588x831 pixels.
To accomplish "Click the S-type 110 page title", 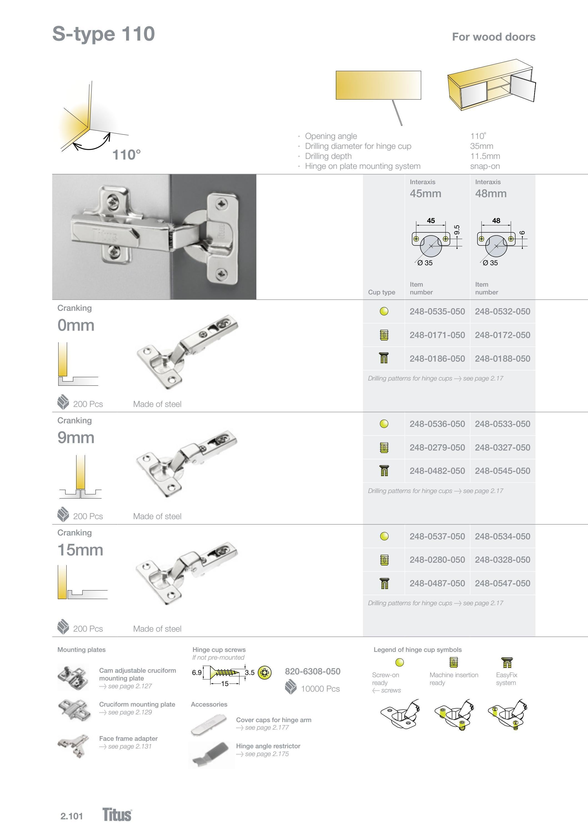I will pyautogui.click(x=104, y=34).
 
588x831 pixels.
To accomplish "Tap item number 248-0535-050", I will pyautogui.click(x=437, y=311).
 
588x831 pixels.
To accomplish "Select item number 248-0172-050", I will pyautogui.click(x=502, y=335).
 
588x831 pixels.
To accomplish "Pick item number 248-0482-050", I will pyautogui.click(x=437, y=471).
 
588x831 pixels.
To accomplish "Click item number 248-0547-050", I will pyautogui.click(x=502, y=583).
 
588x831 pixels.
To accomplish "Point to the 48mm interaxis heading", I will pyautogui.click(x=491, y=193).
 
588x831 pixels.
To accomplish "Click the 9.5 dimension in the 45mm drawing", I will pyautogui.click(x=457, y=230).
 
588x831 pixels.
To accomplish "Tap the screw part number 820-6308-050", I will pyautogui.click(x=312, y=671).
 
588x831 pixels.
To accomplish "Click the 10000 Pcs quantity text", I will pyautogui.click(x=320, y=689).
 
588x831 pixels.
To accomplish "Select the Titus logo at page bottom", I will pyautogui.click(x=117, y=814).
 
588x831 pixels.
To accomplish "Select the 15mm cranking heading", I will pyautogui.click(x=80, y=550).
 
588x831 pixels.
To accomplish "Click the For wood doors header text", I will pyautogui.click(x=494, y=37).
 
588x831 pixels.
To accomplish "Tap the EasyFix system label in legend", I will pyautogui.click(x=506, y=679).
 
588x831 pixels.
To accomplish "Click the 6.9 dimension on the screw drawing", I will pyautogui.click(x=197, y=672).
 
